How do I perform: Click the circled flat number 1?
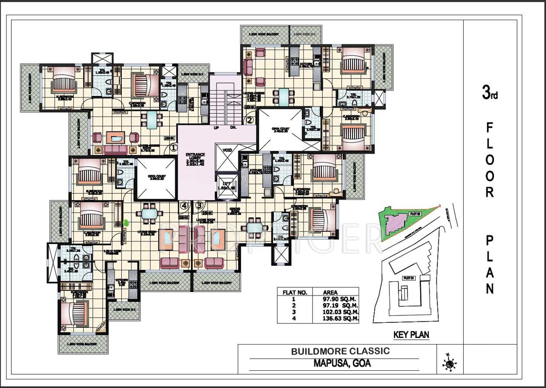click(x=174, y=148)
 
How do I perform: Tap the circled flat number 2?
click(x=250, y=120)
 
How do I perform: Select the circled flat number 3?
click(x=200, y=205)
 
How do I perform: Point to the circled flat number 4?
click(x=184, y=205)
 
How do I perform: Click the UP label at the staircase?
click(x=216, y=128)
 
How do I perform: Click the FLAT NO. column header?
click(x=291, y=292)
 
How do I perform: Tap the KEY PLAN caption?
click(x=411, y=334)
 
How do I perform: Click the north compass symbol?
click(x=449, y=362)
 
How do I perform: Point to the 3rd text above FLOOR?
click(x=489, y=94)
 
